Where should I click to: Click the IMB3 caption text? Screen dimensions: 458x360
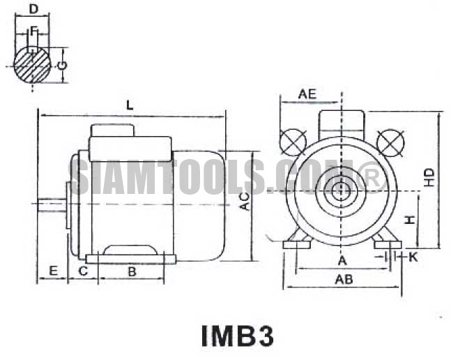pos(238,336)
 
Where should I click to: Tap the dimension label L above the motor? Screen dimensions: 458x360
pos(130,105)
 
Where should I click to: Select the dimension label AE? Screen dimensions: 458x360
pos(307,94)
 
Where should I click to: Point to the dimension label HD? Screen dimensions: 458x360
pos(429,177)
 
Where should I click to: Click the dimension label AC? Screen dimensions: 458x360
pos(245,202)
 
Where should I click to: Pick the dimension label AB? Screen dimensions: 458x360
pos(344,280)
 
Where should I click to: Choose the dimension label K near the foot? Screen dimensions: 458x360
pos(413,257)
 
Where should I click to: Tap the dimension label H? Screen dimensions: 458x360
pos(411,220)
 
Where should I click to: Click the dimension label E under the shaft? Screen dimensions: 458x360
pos(53,271)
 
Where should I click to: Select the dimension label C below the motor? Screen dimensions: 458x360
pos(83,271)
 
